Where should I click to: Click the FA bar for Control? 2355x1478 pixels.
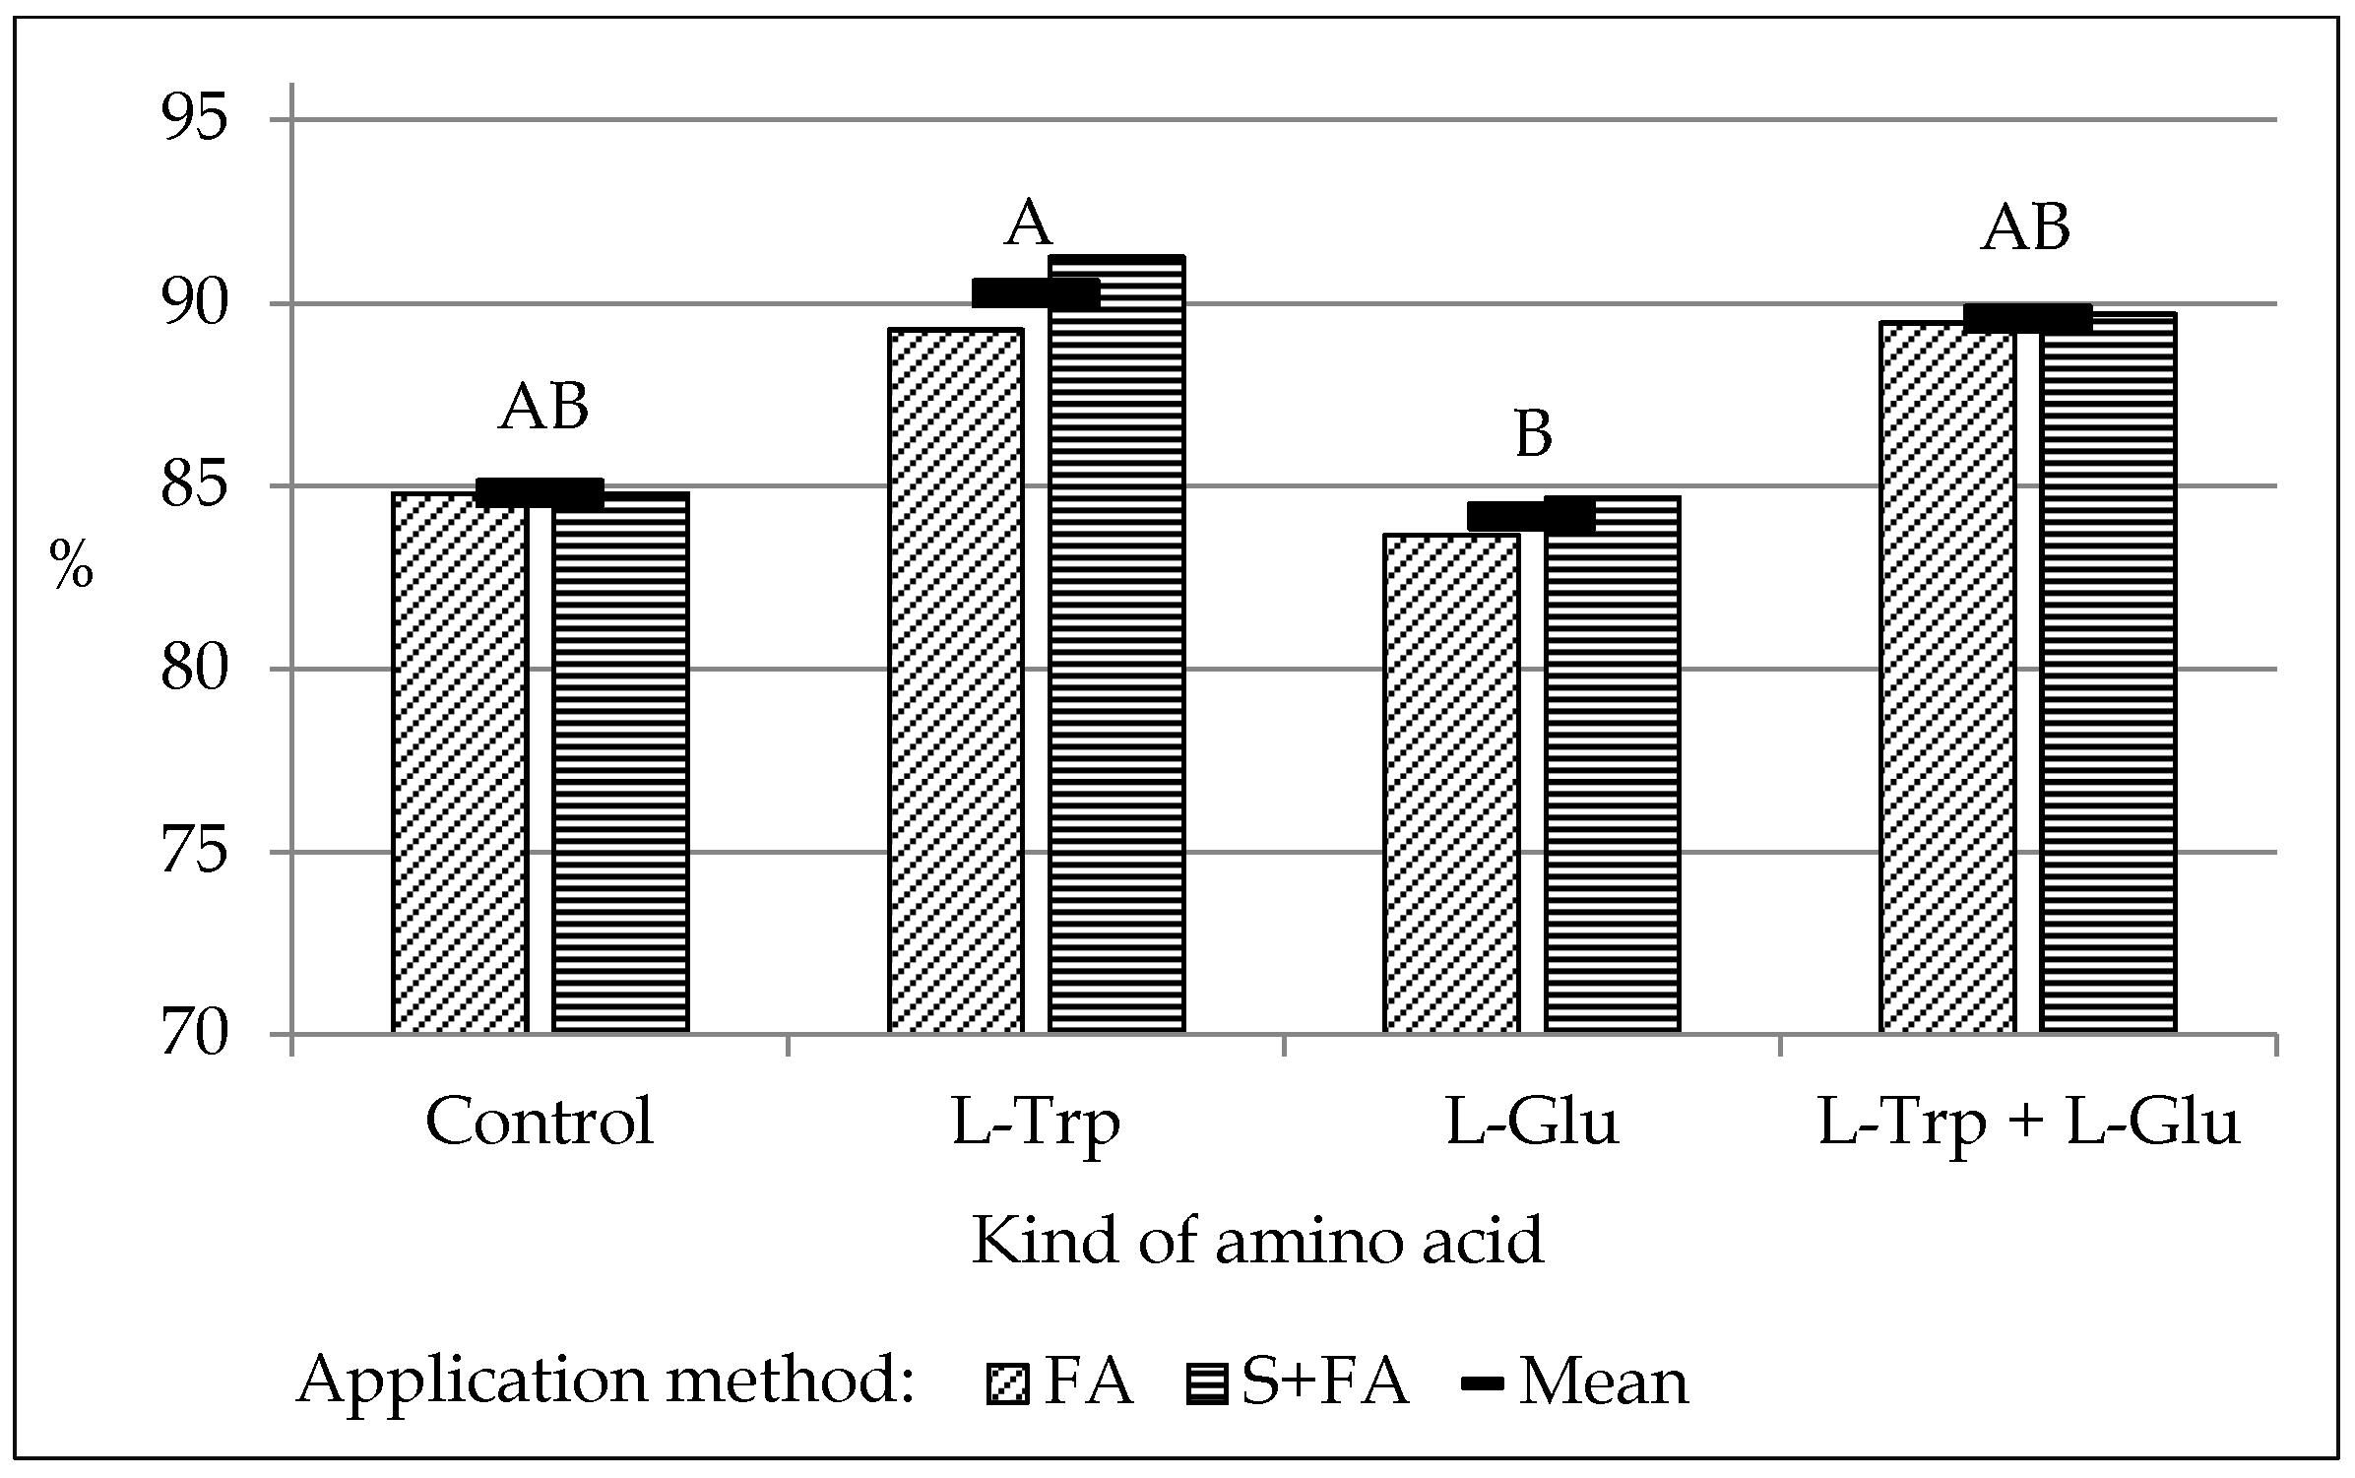tap(460, 763)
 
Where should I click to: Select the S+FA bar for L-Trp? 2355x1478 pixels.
tap(1116, 645)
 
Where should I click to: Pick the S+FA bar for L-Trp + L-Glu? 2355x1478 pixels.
tap(2108, 675)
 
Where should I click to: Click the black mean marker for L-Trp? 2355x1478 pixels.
tap(1036, 293)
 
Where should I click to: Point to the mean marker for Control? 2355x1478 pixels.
tap(540, 493)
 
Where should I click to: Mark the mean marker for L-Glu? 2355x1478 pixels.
tap(1531, 515)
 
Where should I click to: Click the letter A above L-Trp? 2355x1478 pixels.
tap(1028, 224)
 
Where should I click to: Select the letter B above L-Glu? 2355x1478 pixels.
tap(1533, 433)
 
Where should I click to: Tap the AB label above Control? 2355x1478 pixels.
tap(543, 407)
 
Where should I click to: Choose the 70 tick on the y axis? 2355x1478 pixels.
tap(194, 1036)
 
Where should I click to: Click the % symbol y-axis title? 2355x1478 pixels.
tap(71, 566)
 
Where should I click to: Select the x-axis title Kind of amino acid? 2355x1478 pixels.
tap(1257, 1240)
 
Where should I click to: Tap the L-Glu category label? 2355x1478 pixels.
tap(1532, 1122)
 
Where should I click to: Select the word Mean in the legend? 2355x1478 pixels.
tap(1604, 1382)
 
